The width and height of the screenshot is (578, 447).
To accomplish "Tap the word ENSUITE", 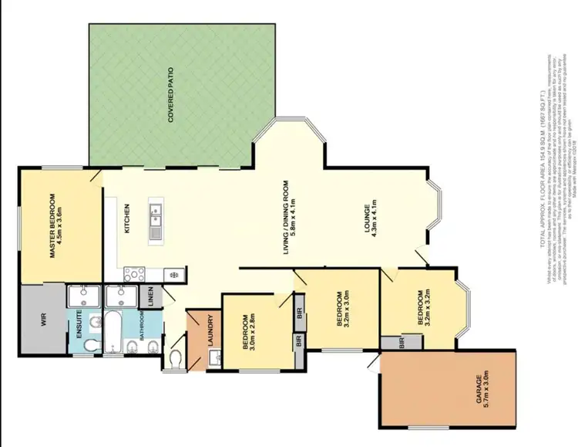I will click(81, 330).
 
